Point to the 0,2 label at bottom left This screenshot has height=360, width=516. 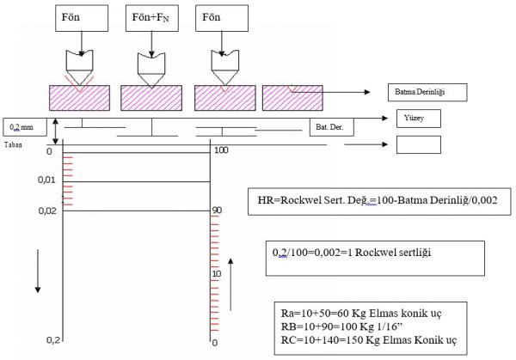pyautogui.click(x=52, y=341)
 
